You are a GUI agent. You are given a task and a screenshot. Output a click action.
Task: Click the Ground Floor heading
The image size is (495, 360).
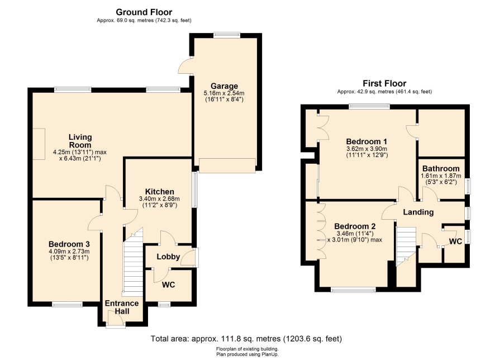144,12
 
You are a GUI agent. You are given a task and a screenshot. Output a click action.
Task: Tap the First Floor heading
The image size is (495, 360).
384,83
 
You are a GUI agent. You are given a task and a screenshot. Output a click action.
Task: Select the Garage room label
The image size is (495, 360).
224,86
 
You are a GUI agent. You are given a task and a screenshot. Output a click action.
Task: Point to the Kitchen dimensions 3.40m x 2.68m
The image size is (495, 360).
159,198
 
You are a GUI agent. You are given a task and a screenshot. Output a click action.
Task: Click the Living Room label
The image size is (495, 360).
80,141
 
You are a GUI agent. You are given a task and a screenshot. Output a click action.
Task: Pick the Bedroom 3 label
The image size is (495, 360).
69,244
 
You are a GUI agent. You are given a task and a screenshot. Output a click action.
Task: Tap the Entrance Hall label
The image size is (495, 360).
122,307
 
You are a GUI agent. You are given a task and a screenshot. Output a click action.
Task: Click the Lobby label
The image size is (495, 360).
168,257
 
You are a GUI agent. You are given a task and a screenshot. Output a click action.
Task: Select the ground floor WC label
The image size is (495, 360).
168,285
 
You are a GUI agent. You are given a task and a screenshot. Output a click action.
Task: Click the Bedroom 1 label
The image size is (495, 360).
367,141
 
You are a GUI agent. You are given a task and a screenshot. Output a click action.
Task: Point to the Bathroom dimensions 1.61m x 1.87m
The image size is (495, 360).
441,176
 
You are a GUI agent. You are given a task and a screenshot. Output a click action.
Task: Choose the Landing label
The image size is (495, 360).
418,212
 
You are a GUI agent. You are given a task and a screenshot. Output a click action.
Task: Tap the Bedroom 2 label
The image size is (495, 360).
355,226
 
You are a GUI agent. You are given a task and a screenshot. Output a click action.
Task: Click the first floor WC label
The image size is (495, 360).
455,241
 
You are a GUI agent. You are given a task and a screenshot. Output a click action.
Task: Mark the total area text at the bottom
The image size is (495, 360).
246,339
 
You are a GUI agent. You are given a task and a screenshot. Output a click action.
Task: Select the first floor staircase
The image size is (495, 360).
407,247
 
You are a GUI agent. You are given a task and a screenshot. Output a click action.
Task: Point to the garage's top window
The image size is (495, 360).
226,35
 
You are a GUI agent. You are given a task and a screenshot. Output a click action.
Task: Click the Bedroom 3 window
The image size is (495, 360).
67,304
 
